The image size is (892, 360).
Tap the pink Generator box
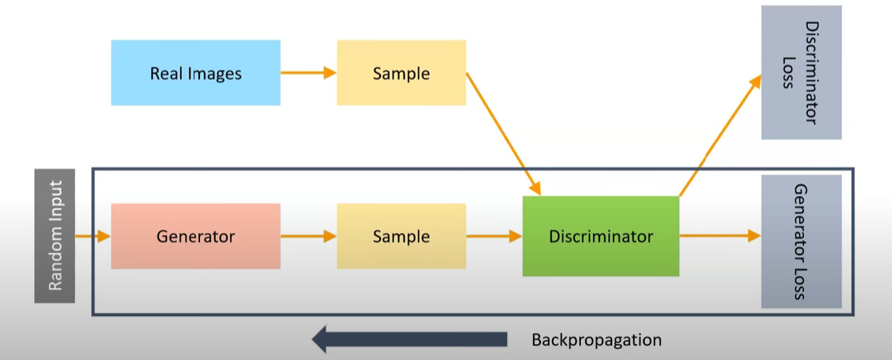tap(195, 236)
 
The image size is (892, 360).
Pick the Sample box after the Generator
tap(401, 236)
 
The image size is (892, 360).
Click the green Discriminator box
tap(600, 236)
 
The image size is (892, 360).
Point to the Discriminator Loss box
tap(801, 72)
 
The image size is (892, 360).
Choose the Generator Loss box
tap(801, 241)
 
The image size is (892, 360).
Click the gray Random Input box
tap(54, 235)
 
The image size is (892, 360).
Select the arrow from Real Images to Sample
tap(308, 74)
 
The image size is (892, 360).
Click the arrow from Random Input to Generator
tap(92, 236)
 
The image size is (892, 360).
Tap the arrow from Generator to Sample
tap(308, 236)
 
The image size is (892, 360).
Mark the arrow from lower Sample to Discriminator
tap(493, 236)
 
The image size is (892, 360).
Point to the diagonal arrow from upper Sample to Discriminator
tap(503, 134)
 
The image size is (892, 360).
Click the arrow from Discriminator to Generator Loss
tap(719, 236)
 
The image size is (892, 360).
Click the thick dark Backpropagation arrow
tap(409, 339)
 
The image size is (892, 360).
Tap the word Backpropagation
tap(596, 340)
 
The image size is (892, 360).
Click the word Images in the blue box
tap(214, 74)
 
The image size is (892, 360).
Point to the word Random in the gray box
tap(55, 262)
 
